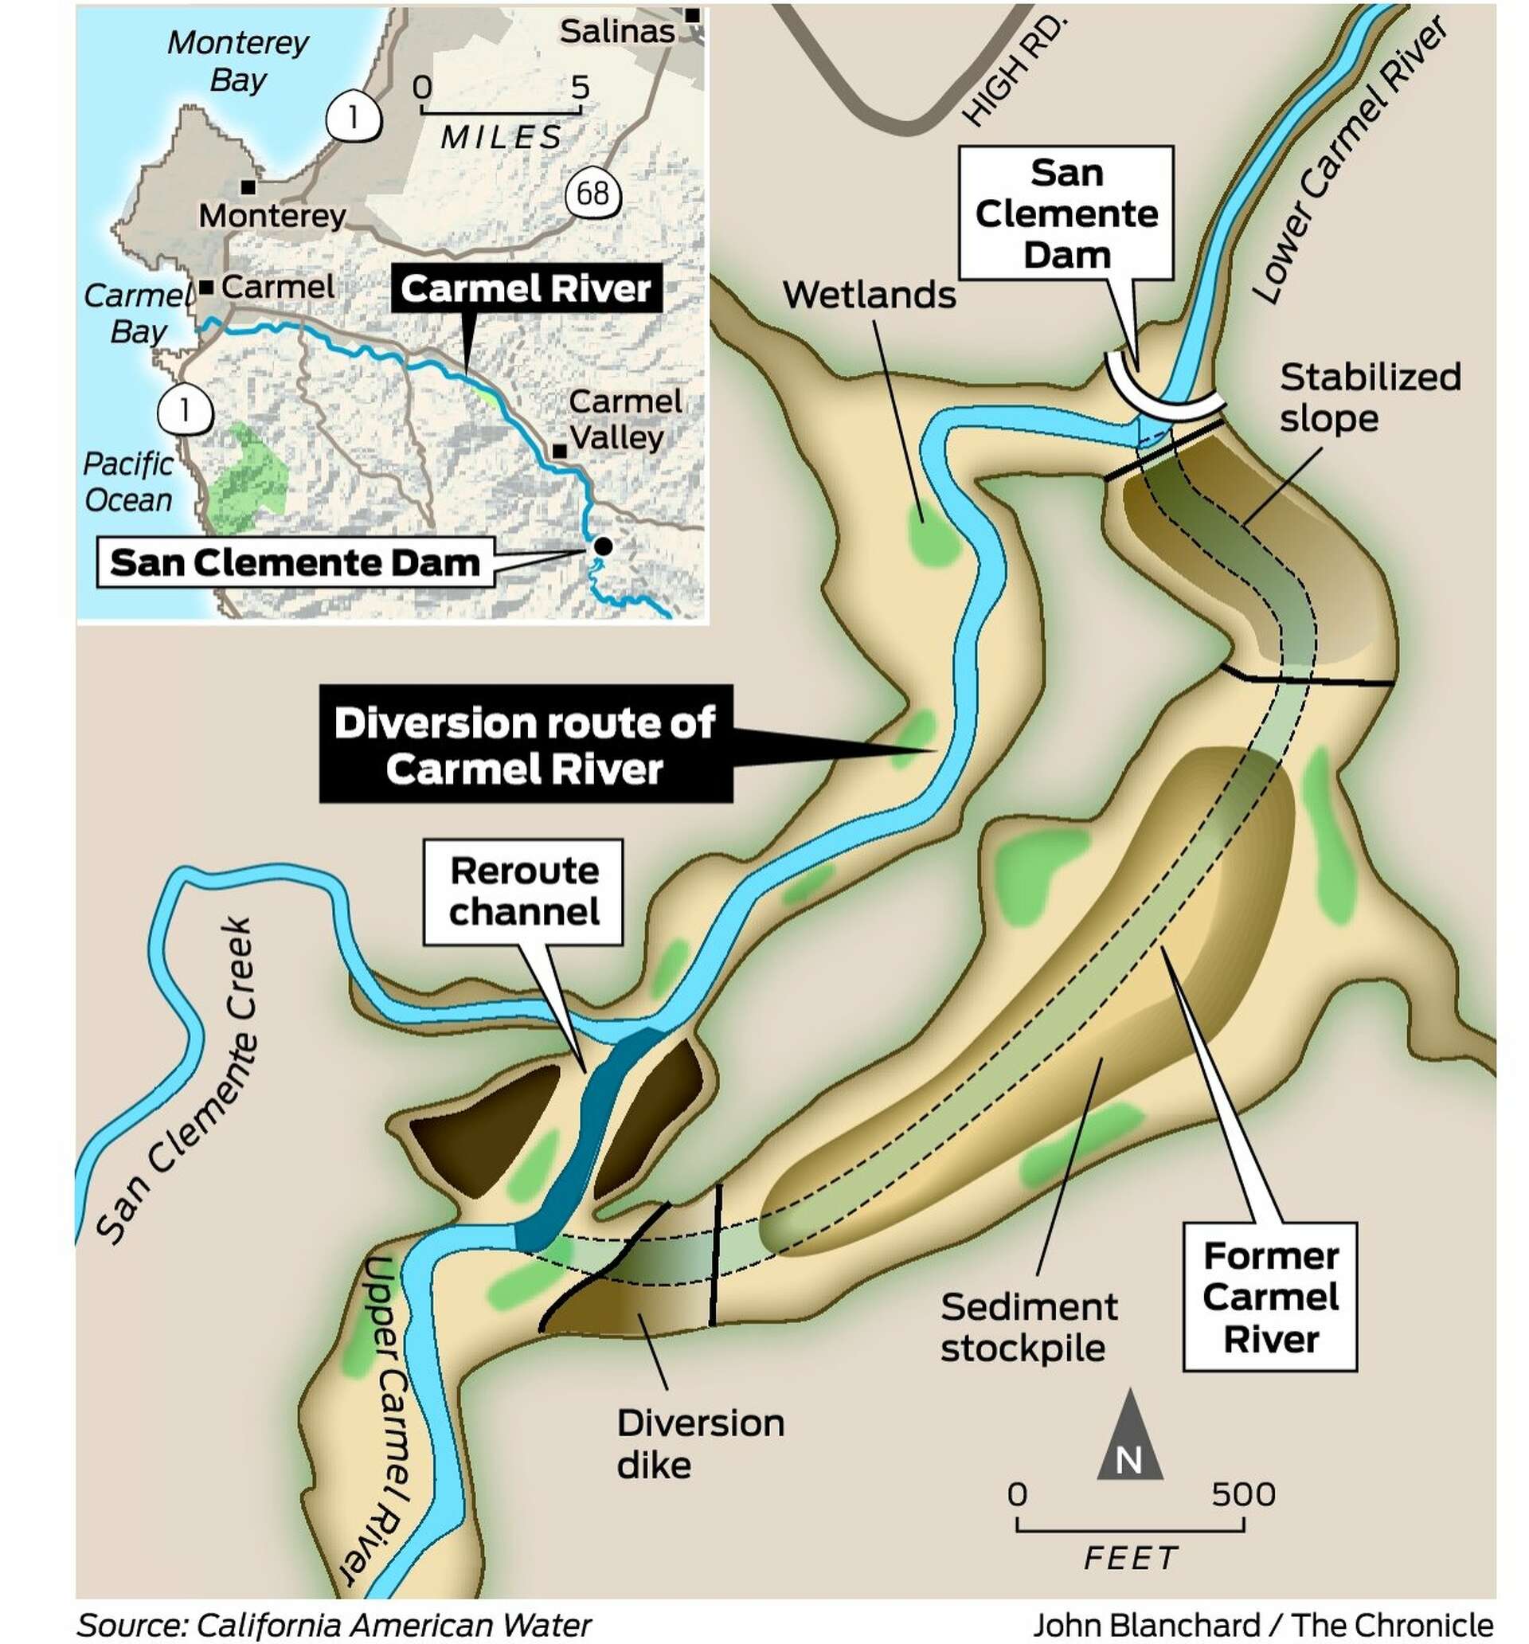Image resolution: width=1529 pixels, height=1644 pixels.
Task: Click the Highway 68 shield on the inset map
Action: [x=592, y=194]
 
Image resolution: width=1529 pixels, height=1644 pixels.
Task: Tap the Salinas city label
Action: [x=616, y=31]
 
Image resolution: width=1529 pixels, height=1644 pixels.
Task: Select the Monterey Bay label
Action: [x=237, y=61]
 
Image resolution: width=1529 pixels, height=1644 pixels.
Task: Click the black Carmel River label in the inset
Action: [x=525, y=288]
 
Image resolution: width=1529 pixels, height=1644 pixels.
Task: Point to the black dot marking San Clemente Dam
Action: [x=604, y=546]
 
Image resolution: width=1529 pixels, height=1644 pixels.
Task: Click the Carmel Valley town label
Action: [x=625, y=419]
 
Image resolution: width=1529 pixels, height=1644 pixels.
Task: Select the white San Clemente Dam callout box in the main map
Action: [x=1065, y=213]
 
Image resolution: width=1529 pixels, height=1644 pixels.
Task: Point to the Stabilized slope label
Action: [x=1369, y=397]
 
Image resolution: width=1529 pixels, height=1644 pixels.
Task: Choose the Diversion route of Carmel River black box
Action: [x=524, y=745]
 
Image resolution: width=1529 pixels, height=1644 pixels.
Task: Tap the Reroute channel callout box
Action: [x=522, y=891]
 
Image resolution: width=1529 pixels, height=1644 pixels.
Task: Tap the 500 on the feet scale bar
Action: [x=1242, y=1494]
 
